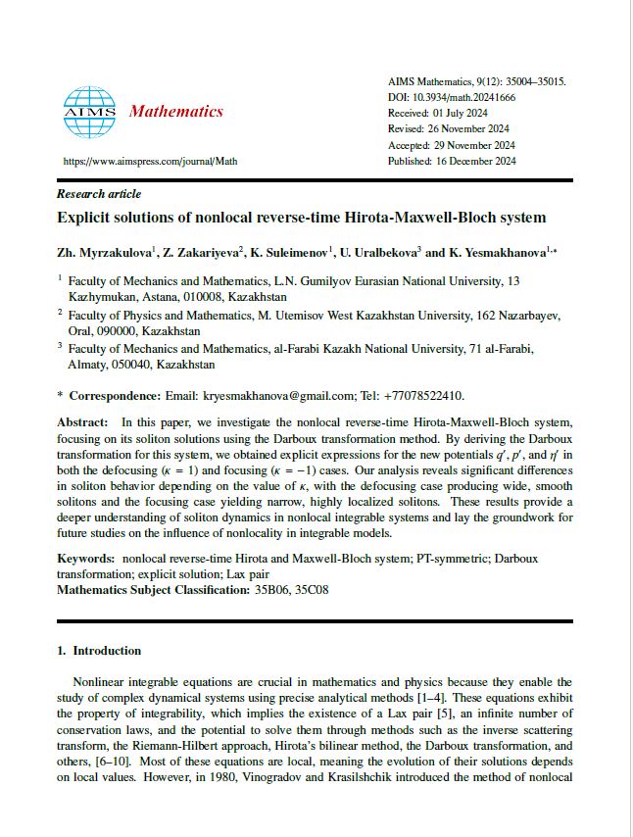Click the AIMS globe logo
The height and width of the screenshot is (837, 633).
click(89, 111)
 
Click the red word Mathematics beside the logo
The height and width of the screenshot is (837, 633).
click(176, 112)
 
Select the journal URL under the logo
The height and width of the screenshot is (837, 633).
click(150, 161)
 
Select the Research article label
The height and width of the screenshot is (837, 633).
click(99, 194)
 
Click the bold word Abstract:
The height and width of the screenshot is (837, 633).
click(83, 420)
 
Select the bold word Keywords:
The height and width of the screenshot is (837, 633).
click(86, 558)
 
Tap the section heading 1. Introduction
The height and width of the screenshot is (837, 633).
click(99, 650)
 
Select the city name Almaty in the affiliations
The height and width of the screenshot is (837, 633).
click(85, 364)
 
